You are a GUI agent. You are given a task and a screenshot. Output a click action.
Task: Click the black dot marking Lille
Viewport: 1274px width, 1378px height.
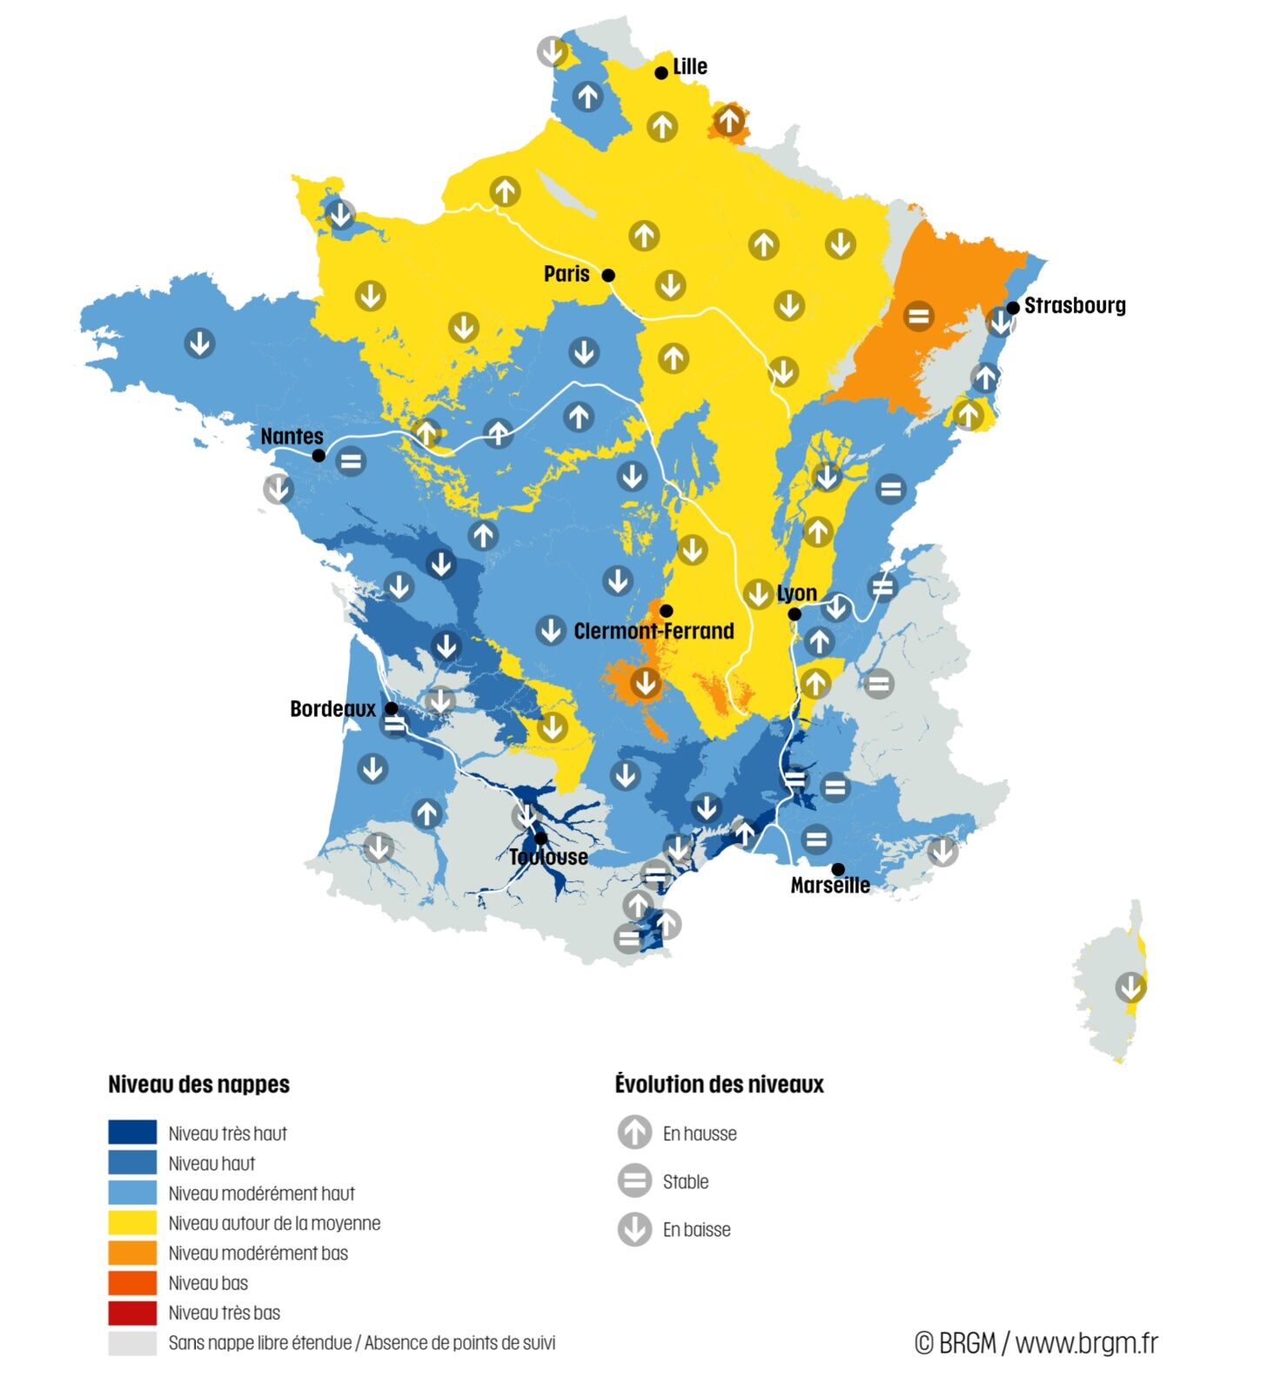click(x=661, y=73)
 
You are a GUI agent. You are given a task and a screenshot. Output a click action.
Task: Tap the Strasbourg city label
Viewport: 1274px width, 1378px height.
click(x=1075, y=305)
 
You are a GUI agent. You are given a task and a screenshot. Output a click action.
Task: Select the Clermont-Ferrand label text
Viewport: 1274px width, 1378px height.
click(x=654, y=631)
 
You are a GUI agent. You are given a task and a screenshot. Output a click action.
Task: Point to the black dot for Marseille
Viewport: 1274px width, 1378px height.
click(x=838, y=869)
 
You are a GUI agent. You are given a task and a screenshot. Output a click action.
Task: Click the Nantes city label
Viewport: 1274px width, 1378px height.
click(x=292, y=436)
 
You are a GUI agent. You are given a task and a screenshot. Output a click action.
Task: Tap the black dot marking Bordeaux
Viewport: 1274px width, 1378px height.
click(x=392, y=708)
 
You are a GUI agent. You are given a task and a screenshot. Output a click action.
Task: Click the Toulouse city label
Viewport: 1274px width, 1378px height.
click(x=549, y=857)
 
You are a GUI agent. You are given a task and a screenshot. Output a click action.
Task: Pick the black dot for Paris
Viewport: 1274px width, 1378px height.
click(x=609, y=275)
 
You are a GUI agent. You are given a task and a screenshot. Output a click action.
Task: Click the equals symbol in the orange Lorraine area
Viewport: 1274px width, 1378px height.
click(x=918, y=316)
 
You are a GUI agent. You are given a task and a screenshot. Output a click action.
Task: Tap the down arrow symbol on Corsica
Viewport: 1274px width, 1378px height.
click(x=1130, y=987)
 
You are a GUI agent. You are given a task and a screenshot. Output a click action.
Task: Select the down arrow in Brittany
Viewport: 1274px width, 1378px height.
click(x=199, y=343)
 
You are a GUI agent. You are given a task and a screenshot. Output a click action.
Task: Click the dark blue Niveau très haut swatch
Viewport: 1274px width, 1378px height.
click(x=132, y=1132)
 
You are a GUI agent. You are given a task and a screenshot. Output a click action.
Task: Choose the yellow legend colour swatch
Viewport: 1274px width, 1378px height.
click(x=132, y=1222)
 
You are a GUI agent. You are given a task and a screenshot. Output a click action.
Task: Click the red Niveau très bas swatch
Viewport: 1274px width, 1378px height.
click(x=132, y=1312)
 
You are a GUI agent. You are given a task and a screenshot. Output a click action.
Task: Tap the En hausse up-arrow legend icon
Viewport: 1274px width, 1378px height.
click(x=634, y=1133)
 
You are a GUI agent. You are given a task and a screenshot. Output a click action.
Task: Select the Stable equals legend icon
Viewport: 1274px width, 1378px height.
click(x=634, y=1181)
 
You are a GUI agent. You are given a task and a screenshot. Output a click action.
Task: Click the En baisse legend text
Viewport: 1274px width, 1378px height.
click(x=696, y=1229)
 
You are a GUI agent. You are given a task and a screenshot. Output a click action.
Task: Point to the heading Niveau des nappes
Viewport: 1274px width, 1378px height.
click(x=198, y=1084)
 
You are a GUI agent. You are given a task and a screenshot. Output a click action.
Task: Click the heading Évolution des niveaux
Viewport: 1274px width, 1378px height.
click(x=719, y=1084)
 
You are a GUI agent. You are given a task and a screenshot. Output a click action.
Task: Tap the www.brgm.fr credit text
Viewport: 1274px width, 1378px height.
click(x=1086, y=1342)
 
